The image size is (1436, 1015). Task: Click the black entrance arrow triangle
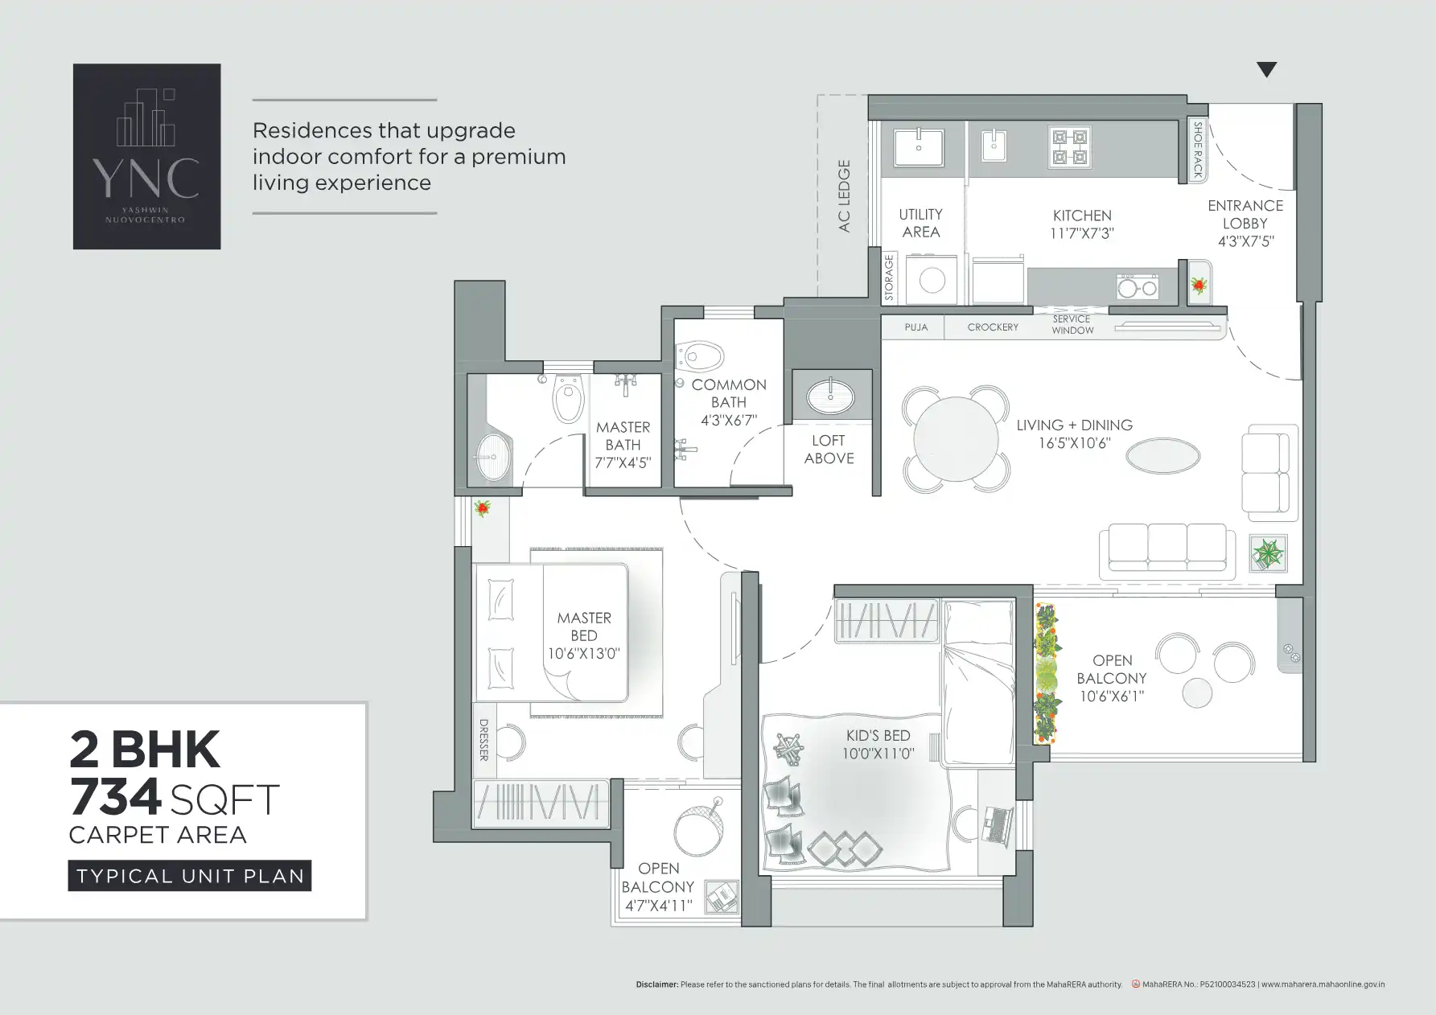pyautogui.click(x=1266, y=70)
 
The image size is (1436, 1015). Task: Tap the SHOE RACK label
pyautogui.click(x=1197, y=150)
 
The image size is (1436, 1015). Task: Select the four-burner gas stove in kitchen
pyautogui.click(x=1070, y=147)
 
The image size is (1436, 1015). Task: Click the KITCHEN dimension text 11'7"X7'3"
pyautogui.click(x=1082, y=233)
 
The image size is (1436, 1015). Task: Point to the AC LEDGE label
pyautogui.click(x=844, y=196)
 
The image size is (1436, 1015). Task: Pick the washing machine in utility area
pyautogui.click(x=932, y=280)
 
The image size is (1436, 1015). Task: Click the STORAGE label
pyautogui.click(x=889, y=277)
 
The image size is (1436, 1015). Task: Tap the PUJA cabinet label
pyautogui.click(x=916, y=327)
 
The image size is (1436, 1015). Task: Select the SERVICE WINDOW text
pyautogui.click(x=1072, y=325)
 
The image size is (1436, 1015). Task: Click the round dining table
pyautogui.click(x=955, y=439)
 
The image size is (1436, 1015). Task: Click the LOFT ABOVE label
pyautogui.click(x=828, y=450)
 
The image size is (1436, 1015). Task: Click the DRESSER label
pyautogui.click(x=483, y=740)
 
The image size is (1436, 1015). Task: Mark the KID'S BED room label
pyautogui.click(x=878, y=736)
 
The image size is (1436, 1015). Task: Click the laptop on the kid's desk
pyautogui.click(x=997, y=824)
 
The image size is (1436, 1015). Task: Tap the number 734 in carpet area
pyautogui.click(x=116, y=798)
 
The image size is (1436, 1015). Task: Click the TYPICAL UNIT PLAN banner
pyautogui.click(x=190, y=876)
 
